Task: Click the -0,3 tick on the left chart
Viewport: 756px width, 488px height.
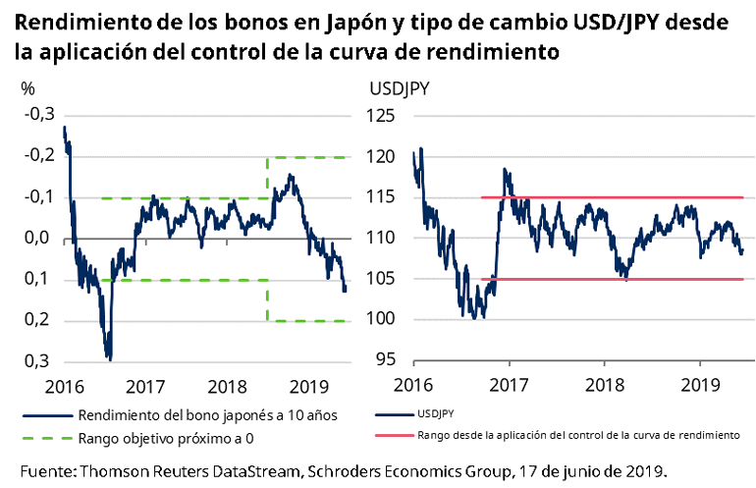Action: coord(39,115)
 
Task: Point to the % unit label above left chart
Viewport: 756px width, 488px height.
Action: coord(27,87)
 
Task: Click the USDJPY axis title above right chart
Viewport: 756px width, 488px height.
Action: coord(400,87)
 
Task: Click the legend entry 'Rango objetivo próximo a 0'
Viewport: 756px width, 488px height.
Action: coord(168,437)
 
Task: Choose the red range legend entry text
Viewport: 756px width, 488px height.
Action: coord(578,434)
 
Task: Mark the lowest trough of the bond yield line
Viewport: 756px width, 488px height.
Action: coord(109,358)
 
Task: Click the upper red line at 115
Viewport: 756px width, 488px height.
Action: coord(609,197)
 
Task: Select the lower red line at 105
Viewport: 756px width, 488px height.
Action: coord(609,280)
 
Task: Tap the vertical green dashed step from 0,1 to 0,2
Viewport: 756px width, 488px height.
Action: coord(268,299)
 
